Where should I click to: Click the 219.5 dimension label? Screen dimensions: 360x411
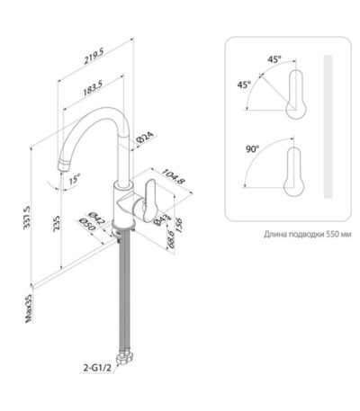[94, 57]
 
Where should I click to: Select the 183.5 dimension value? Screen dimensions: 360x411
[93, 88]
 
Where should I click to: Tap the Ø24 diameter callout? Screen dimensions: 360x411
[146, 137]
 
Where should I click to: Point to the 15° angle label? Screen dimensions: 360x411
[75, 179]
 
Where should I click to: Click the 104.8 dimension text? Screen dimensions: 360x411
[173, 176]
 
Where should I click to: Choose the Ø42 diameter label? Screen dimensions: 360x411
[96, 219]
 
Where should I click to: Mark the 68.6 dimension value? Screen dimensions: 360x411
[170, 239]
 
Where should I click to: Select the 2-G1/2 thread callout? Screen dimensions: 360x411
[97, 368]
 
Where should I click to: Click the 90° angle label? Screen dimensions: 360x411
[253, 149]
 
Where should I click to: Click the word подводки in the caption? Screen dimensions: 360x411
[306, 234]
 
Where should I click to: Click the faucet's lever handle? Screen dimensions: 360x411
[151, 200]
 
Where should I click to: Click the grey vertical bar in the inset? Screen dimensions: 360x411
[328, 126]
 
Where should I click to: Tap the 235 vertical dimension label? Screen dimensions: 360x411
[56, 224]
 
